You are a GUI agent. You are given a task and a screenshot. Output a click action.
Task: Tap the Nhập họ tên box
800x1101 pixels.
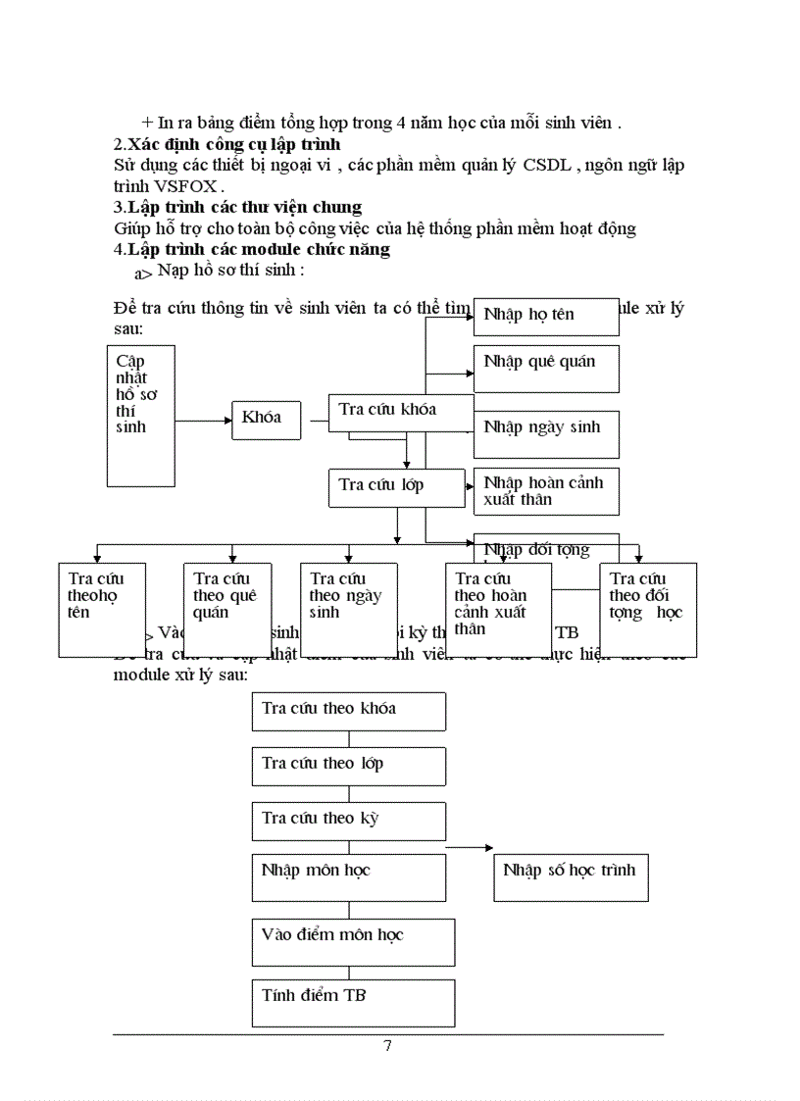click(x=546, y=317)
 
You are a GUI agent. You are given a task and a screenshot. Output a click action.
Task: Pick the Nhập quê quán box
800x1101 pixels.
click(x=546, y=368)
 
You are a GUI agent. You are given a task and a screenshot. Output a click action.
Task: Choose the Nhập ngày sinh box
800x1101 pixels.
click(x=546, y=433)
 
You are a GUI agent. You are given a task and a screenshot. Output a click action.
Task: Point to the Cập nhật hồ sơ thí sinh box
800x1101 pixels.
click(x=140, y=415)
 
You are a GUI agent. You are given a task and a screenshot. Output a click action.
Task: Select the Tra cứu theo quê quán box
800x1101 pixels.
click(x=227, y=608)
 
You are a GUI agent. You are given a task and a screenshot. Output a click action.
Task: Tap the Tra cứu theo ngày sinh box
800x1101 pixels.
click(x=348, y=608)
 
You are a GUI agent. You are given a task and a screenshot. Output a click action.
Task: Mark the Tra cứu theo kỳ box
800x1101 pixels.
click(x=348, y=821)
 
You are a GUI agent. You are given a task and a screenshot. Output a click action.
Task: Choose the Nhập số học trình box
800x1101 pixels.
click(x=570, y=876)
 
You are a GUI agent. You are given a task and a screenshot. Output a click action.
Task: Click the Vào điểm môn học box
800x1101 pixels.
click(x=353, y=941)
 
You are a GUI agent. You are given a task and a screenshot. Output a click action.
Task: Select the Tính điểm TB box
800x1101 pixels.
click(x=353, y=1002)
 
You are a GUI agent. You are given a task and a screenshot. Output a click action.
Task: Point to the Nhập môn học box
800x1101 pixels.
click(x=348, y=876)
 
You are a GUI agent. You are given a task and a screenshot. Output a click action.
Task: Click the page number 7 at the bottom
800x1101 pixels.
click(x=387, y=1046)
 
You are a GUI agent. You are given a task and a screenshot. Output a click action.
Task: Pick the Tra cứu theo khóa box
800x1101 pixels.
click(x=348, y=711)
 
